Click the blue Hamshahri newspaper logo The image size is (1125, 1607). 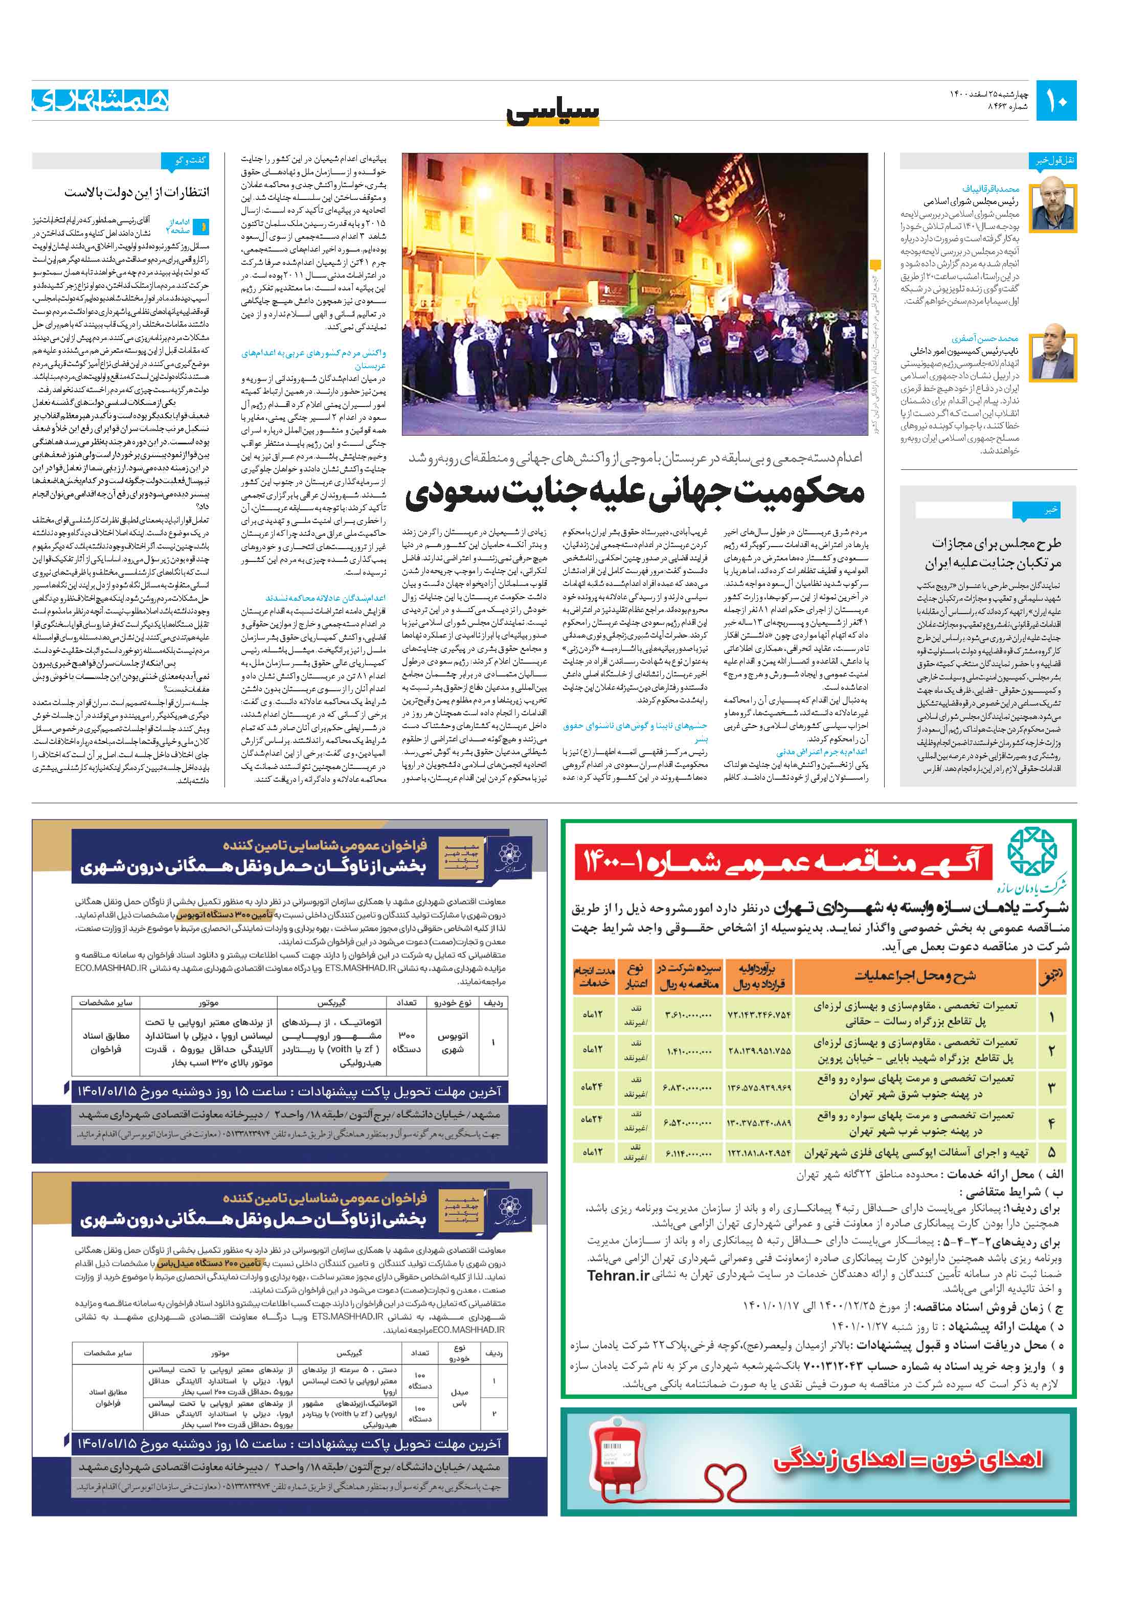point(100,100)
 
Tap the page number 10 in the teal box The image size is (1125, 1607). point(1055,101)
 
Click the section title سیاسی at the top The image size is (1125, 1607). point(553,112)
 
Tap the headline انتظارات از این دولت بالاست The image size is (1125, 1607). point(137,192)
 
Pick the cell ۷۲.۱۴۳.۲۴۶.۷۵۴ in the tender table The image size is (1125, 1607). point(759,1014)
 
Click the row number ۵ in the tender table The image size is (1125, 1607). point(1051,1151)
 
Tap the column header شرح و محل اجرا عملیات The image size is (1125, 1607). point(914,976)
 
